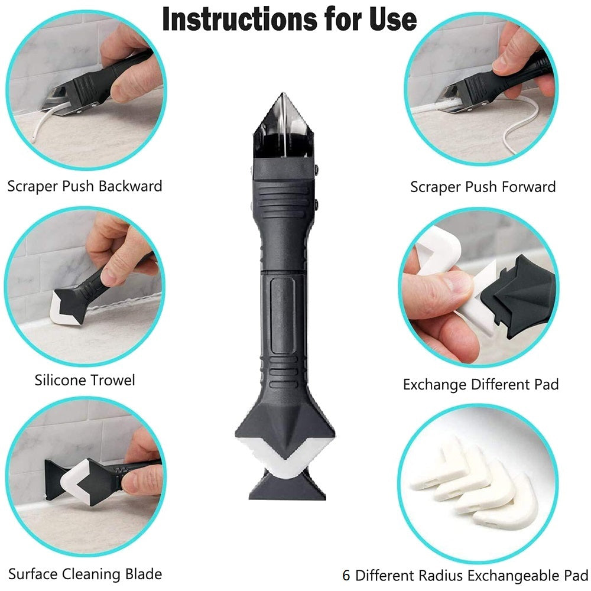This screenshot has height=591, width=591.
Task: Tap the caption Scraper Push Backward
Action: tap(85, 187)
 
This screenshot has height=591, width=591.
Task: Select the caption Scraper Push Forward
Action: tap(483, 187)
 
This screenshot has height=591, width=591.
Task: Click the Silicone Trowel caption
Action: tap(85, 380)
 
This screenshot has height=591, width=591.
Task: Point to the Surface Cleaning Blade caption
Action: tap(85, 573)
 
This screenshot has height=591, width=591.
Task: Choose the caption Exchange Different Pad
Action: tap(480, 385)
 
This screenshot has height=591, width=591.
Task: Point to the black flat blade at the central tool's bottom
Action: tap(286, 488)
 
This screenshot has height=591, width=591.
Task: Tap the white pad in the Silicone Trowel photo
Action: tap(63, 309)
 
